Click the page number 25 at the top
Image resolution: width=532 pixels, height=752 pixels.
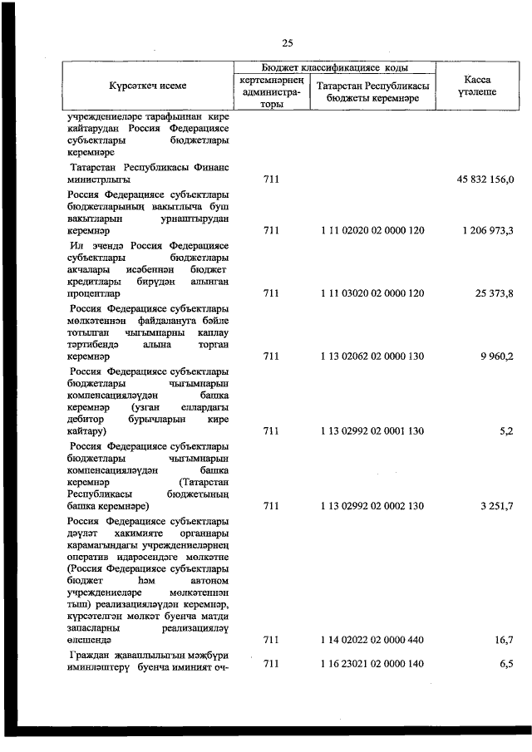tap(288, 43)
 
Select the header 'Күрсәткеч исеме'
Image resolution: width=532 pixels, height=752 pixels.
tap(147, 86)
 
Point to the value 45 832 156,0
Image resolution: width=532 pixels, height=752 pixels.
tap(485, 179)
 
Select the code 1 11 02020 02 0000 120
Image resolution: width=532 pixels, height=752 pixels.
tap(372, 230)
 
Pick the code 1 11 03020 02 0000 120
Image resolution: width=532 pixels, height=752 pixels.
tap(372, 293)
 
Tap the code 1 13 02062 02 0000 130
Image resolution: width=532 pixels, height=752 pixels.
tap(372, 356)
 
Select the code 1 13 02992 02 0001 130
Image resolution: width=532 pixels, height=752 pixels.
tap(372, 431)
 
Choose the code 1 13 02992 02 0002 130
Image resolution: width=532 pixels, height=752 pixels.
tap(372, 505)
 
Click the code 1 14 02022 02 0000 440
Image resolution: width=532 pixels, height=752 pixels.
tap(372, 640)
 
